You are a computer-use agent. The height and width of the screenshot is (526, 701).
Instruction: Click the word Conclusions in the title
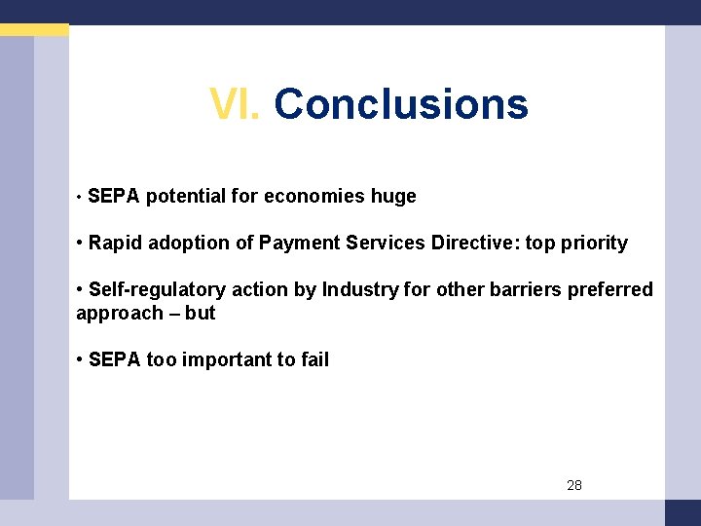(x=401, y=103)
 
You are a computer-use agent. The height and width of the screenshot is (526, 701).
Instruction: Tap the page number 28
(x=573, y=485)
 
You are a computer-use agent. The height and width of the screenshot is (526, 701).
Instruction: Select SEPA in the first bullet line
(x=113, y=196)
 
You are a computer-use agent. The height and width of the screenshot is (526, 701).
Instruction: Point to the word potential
(x=186, y=196)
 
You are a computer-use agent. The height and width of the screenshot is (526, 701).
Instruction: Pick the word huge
(x=393, y=196)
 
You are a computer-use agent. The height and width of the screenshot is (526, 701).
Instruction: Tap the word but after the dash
(x=200, y=313)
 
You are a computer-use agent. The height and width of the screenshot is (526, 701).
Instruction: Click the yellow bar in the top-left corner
(x=34, y=30)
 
